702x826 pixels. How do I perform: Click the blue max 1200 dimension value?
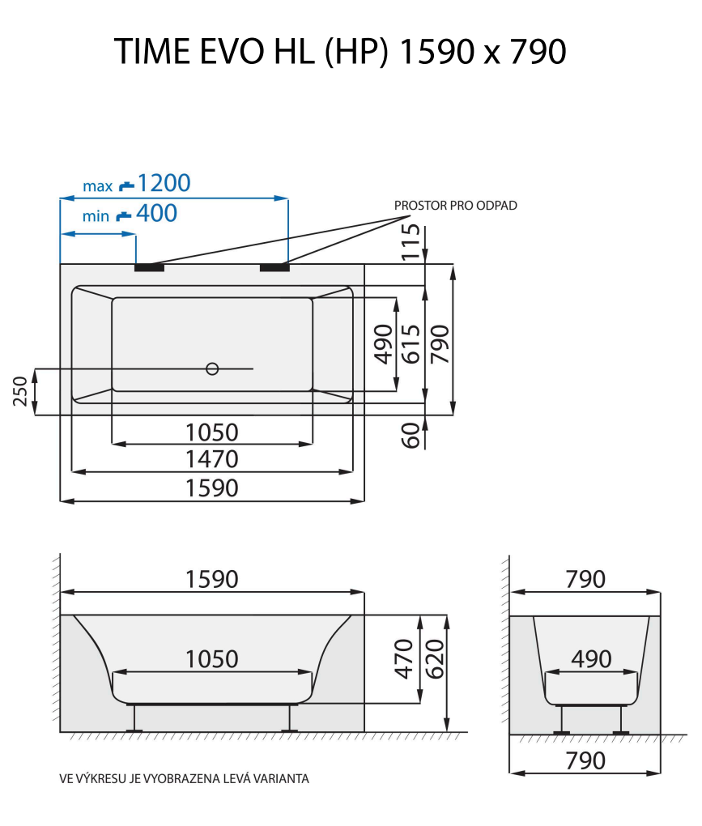(x=164, y=184)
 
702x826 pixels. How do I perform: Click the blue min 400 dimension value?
(x=156, y=215)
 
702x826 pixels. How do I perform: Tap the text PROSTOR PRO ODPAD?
(x=455, y=206)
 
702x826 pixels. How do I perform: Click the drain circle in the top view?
(x=212, y=368)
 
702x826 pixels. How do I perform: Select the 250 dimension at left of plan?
(x=22, y=391)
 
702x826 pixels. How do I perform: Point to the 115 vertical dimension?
(x=412, y=241)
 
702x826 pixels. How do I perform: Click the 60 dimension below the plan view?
(x=412, y=435)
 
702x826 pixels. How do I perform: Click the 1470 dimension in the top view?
(x=212, y=460)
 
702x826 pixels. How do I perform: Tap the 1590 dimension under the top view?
(x=212, y=489)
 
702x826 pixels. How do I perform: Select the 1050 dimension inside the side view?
(x=212, y=660)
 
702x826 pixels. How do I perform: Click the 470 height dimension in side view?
(x=403, y=658)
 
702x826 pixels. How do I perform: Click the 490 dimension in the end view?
(x=591, y=660)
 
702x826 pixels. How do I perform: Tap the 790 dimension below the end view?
(x=585, y=761)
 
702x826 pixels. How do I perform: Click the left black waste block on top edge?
(x=149, y=267)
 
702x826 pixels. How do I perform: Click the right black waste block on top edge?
(x=274, y=267)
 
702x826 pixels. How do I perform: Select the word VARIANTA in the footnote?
(x=282, y=779)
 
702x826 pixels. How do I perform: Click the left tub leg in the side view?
(x=134, y=718)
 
